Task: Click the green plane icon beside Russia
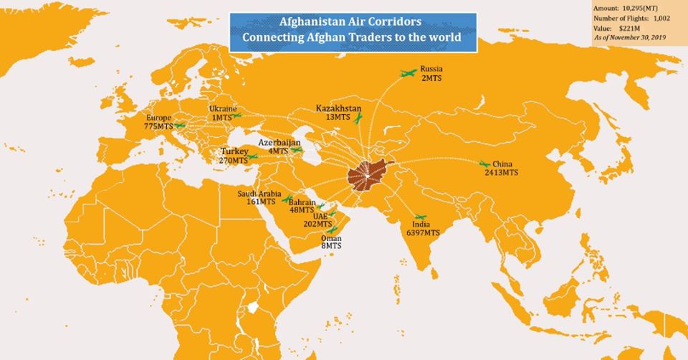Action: coord(408,72)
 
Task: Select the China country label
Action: coord(502,164)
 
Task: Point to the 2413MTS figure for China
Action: coord(501,173)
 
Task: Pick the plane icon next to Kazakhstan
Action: coord(359,116)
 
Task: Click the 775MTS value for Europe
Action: coord(158,126)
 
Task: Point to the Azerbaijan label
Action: coord(279,143)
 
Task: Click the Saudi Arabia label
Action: coord(259,194)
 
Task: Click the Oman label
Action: coord(330,239)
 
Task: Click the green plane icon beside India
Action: coord(421,217)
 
